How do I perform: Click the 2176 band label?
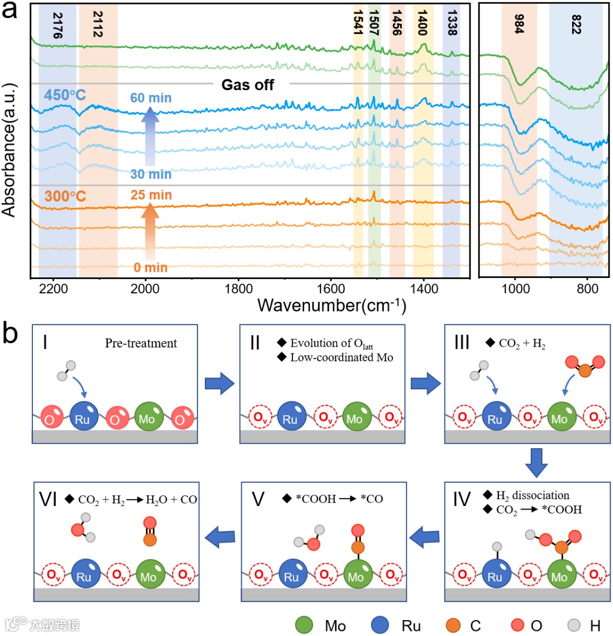click(x=57, y=25)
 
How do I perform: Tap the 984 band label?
click(x=519, y=23)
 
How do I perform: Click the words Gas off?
click(x=247, y=85)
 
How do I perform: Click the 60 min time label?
click(x=150, y=98)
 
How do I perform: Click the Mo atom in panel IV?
click(x=559, y=577)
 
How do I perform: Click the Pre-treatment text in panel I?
click(x=141, y=343)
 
